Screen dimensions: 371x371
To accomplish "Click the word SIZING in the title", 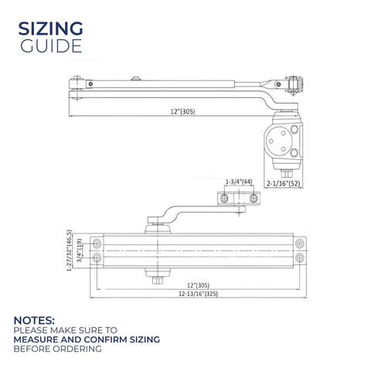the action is [x=50, y=29].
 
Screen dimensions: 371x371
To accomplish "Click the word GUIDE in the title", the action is [x=51, y=46].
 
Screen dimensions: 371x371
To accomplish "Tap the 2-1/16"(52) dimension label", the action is [x=284, y=184].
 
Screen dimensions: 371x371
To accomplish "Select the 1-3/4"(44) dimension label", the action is [x=239, y=182].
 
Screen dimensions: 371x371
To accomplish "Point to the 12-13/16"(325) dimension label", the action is [x=199, y=294].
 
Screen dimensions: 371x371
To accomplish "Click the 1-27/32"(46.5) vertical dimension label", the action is [x=69, y=250].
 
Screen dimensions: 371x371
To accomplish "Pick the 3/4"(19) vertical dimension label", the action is [x=80, y=250].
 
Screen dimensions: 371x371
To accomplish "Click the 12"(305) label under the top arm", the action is [x=182, y=112].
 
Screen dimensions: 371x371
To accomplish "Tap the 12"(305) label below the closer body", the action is [x=198, y=285].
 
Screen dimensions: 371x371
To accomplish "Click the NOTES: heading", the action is [x=34, y=321].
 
